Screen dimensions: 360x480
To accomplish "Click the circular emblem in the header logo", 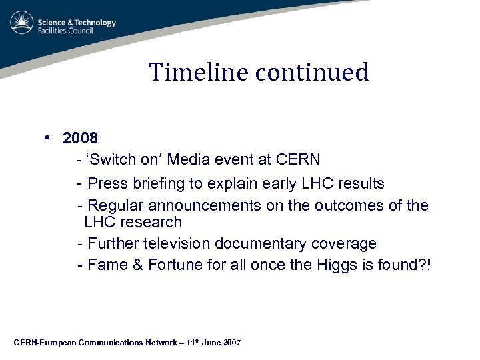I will click(22, 23).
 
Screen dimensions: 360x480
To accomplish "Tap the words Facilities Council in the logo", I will click(75, 31).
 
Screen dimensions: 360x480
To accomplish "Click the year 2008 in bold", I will click(80, 138).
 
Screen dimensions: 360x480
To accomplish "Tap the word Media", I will click(190, 160).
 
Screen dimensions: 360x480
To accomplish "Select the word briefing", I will click(157, 183).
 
